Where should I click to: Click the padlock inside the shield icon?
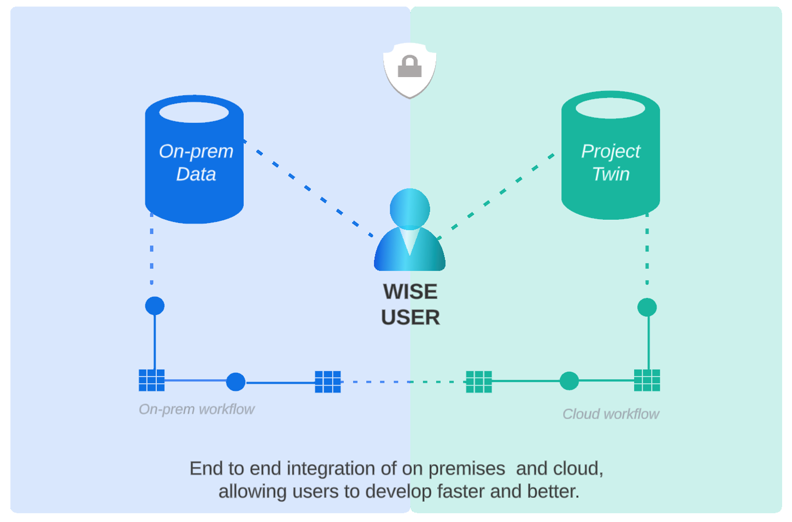[x=409, y=67]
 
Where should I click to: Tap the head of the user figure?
[x=410, y=208]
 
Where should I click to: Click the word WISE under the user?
[x=410, y=291]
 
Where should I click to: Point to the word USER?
[x=410, y=318]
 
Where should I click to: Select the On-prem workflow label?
[x=196, y=409]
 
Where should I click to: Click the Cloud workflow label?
[x=611, y=414]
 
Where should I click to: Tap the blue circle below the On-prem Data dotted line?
[x=155, y=306]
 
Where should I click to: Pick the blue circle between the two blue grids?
[x=236, y=382]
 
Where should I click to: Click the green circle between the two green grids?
[x=569, y=381]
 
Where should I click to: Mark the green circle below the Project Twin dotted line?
[x=647, y=307]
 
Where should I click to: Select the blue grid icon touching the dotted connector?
[x=328, y=382]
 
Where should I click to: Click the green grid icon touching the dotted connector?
[x=479, y=382]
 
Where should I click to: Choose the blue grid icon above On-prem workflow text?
[x=151, y=380]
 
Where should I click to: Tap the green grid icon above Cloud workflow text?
[x=647, y=380]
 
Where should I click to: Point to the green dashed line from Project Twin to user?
[x=497, y=193]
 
